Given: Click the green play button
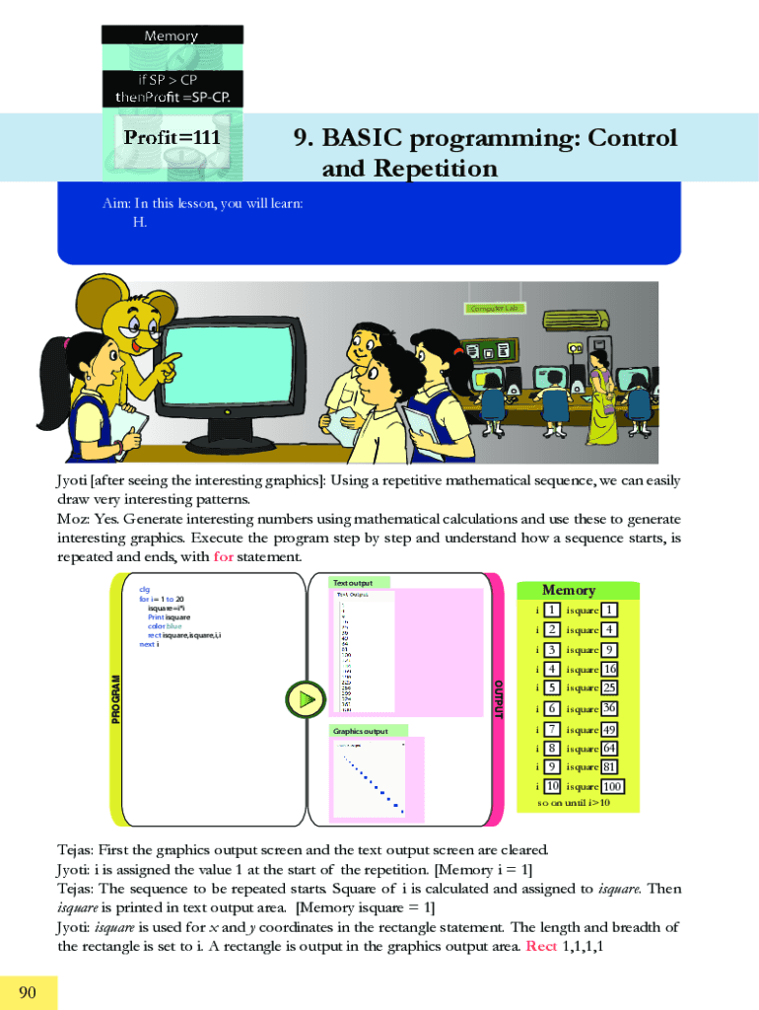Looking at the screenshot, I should [308, 699].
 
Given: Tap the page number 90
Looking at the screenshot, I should [28, 992].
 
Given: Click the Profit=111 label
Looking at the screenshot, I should [172, 138].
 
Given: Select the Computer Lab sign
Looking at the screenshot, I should [496, 308].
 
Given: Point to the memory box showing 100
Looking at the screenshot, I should [612, 787].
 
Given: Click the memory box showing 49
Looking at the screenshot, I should [610, 730].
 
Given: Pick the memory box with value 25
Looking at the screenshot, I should [610, 687].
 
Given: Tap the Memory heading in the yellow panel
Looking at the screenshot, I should [569, 590].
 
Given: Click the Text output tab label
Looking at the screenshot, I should [353, 583].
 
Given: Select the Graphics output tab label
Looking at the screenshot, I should [360, 731].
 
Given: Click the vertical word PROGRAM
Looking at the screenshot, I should [116, 699].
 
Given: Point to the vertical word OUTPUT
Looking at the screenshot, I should [498, 699].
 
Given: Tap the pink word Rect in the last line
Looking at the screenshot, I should [542, 946].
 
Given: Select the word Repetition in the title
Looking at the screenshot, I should [439, 170].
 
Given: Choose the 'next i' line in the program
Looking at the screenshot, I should [149, 644].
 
